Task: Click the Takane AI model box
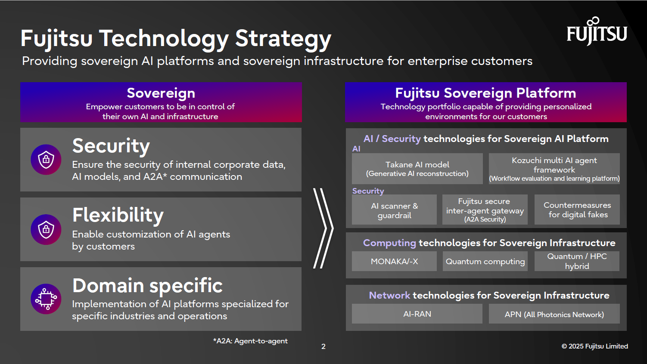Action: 417,169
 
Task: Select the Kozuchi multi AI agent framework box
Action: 554,169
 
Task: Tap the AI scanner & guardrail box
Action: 394,210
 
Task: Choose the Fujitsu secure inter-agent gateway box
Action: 485,210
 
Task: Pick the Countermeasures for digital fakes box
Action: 577,210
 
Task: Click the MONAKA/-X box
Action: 394,261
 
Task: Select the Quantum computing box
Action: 485,261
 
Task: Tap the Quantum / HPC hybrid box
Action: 577,261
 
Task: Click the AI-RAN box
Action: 417,314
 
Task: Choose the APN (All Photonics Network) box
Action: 554,314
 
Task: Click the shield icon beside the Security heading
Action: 46,160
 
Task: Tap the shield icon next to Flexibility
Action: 46,229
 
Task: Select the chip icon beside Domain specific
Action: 46,299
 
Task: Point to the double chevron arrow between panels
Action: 323,228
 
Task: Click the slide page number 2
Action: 323,346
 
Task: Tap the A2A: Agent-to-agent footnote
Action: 250,341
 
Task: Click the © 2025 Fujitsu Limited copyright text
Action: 594,346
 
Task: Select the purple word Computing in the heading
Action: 389,243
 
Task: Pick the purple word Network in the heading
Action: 389,296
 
